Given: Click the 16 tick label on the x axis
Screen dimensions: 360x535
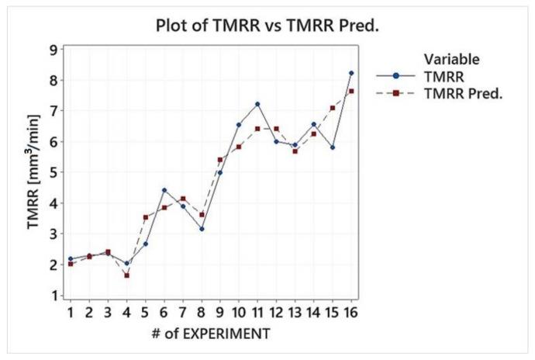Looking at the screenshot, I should (351, 313).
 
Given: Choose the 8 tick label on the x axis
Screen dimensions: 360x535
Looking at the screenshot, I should (202, 313).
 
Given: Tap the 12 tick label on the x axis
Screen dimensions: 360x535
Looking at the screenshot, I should (276, 313).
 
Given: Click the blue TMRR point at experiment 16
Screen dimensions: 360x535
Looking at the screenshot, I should (351, 73).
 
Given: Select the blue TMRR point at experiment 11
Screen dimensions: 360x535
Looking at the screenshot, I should (257, 104).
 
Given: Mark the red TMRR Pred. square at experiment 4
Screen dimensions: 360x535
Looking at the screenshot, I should (126, 275).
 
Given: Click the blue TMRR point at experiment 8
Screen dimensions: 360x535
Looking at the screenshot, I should (202, 229).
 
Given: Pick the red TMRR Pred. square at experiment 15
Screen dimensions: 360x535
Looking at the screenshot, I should (333, 109).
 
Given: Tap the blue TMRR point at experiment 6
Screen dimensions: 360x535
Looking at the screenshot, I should (164, 190).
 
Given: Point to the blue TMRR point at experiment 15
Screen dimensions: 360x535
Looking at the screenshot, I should (333, 147).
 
